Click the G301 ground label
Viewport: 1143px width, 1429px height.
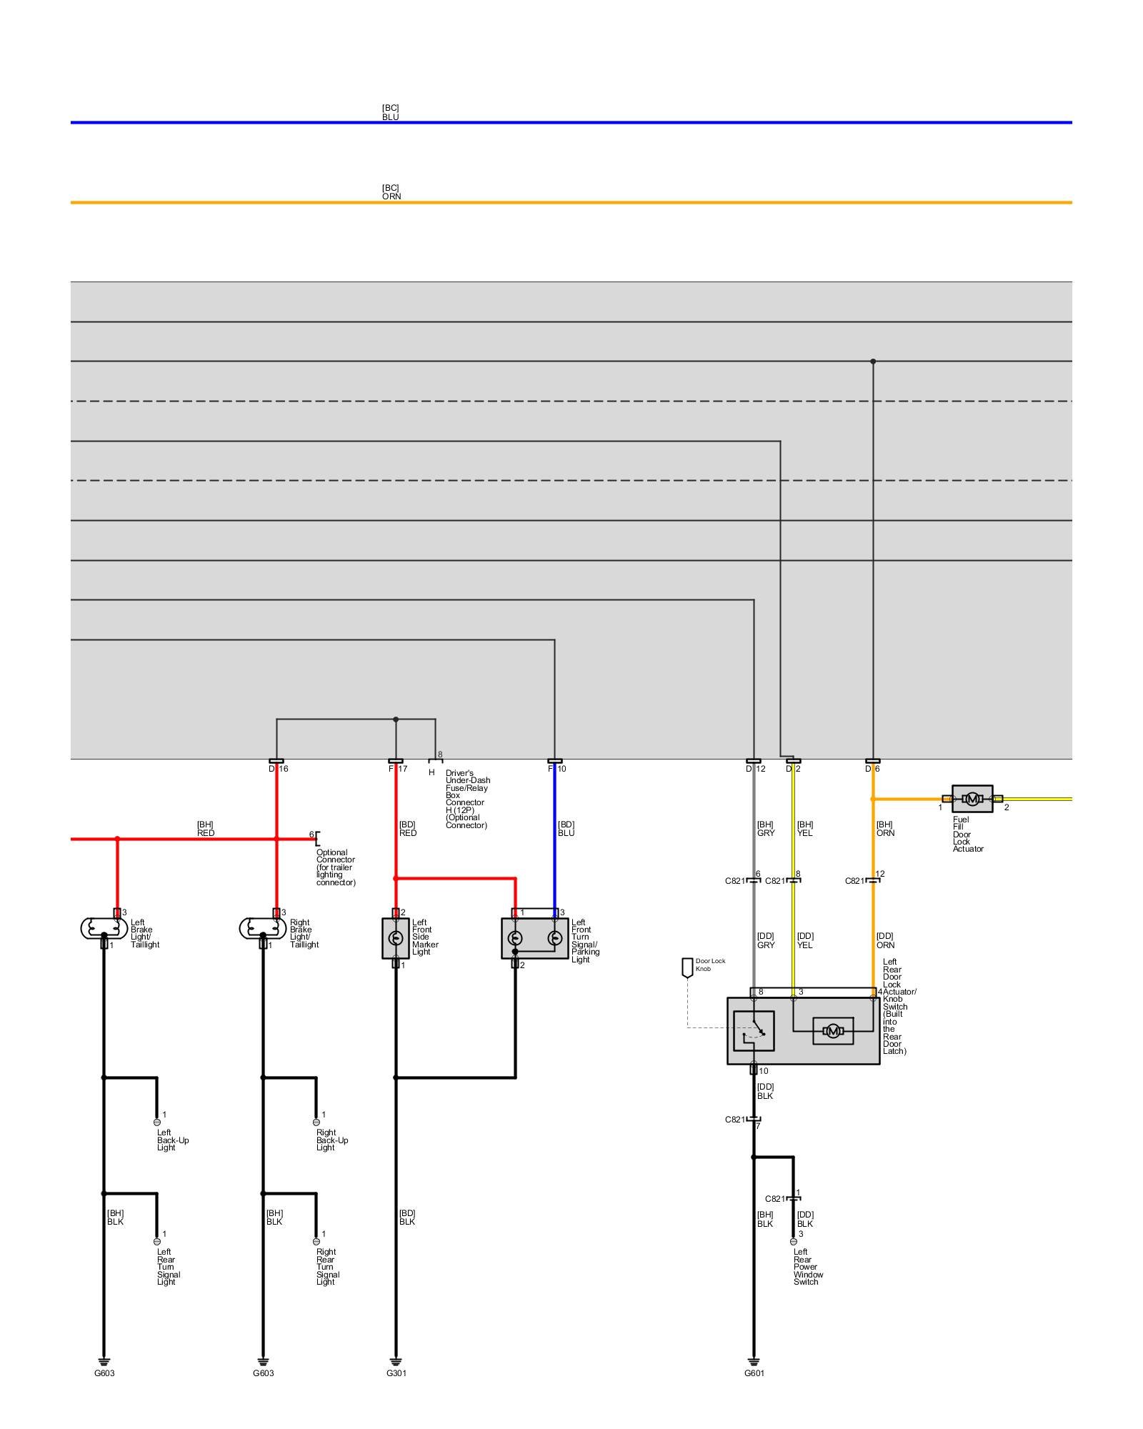click(396, 1373)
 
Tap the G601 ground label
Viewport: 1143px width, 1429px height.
click(754, 1373)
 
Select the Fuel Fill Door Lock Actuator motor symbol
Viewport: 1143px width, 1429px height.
click(972, 799)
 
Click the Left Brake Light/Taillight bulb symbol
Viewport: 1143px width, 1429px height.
click(104, 928)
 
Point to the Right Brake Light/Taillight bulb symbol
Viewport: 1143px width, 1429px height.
click(262, 928)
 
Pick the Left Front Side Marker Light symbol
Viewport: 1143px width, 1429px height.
click(395, 938)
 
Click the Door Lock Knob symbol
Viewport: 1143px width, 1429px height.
click(687, 967)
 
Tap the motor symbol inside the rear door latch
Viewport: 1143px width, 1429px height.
click(832, 1031)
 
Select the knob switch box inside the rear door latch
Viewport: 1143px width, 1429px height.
click(754, 1031)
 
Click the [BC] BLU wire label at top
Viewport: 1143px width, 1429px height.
click(390, 112)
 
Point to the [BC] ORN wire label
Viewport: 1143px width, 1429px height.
click(391, 192)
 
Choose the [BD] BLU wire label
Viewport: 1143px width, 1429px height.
click(566, 829)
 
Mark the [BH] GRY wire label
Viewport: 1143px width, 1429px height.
click(765, 829)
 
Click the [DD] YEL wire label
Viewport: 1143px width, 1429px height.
click(805, 940)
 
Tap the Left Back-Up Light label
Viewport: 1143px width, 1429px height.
click(173, 1140)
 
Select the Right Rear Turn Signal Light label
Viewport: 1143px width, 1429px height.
click(327, 1266)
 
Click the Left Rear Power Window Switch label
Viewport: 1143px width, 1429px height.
click(808, 1266)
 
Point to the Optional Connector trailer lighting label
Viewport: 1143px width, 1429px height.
click(335, 867)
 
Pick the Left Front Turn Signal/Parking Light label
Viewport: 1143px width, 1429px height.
click(585, 940)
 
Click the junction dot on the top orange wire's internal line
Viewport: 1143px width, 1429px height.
click(873, 362)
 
